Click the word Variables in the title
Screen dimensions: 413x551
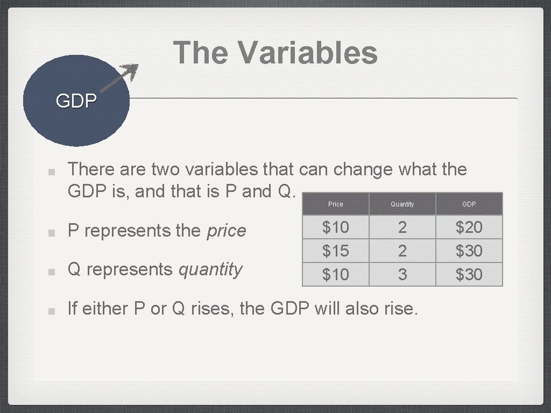(307, 53)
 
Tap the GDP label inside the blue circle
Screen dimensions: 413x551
(76, 101)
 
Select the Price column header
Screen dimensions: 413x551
(335, 204)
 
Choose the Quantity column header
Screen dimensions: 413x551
(402, 204)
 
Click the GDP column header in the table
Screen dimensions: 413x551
(469, 204)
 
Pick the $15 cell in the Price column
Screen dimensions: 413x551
(335, 251)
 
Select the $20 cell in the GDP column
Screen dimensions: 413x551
(469, 227)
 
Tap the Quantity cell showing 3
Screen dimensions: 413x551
(402, 274)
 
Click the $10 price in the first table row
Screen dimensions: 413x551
(335, 227)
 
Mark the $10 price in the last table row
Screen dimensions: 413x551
(335, 274)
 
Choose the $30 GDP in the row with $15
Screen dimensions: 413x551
(469, 251)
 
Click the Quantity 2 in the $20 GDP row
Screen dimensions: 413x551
(402, 227)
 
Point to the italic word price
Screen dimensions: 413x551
(227, 231)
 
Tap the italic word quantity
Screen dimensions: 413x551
(210, 269)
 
